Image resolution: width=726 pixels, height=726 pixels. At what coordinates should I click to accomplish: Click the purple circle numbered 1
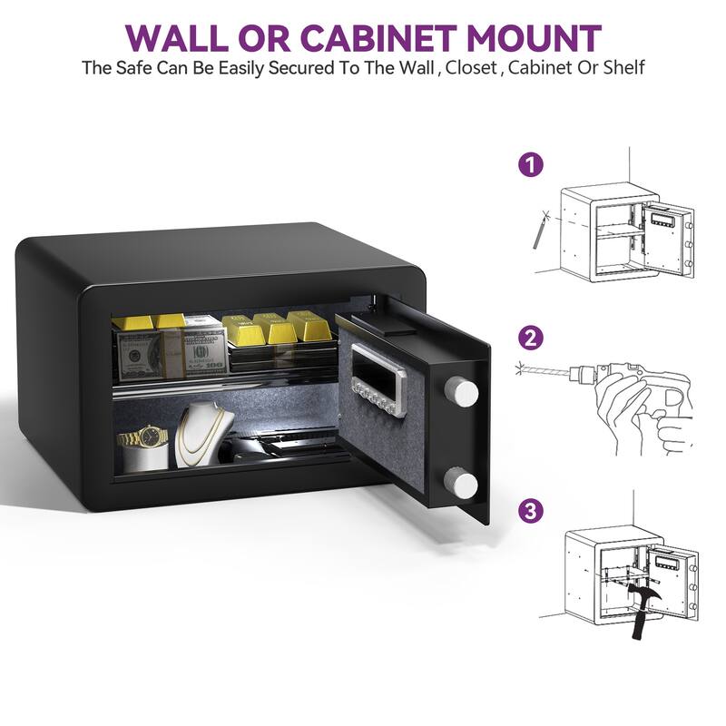pos(530,165)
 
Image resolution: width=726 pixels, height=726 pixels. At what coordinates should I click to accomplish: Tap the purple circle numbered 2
pos(530,338)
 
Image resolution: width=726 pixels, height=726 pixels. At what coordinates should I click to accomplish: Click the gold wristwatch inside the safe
pos(143,439)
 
